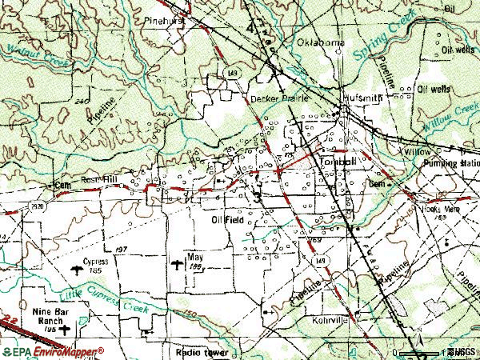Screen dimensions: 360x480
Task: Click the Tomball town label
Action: tap(338, 159)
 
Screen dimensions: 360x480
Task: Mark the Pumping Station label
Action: tap(450, 162)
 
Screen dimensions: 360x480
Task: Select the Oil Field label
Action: tap(228, 219)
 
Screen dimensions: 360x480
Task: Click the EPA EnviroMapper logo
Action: tap(53, 350)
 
